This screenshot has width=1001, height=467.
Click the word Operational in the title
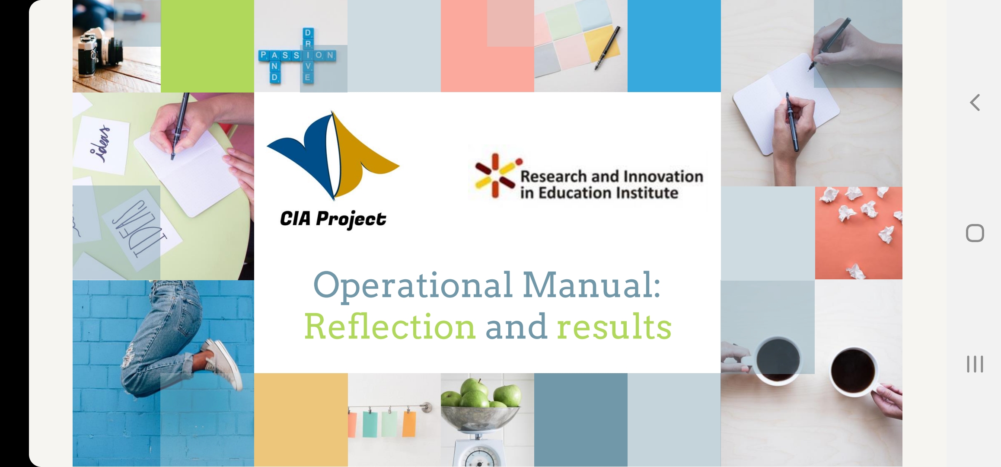pyautogui.click(x=413, y=286)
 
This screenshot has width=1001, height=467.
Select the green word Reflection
pyautogui.click(x=390, y=326)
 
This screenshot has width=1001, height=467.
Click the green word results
pyautogui.click(x=614, y=326)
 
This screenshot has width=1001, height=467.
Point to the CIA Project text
pyautogui.click(x=333, y=219)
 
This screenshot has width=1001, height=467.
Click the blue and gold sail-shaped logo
pyautogui.click(x=333, y=155)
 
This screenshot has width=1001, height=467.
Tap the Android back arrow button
pyautogui.click(x=975, y=102)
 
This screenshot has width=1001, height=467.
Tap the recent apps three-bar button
pyautogui.click(x=975, y=364)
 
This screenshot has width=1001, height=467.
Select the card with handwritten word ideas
pyautogui.click(x=102, y=144)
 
